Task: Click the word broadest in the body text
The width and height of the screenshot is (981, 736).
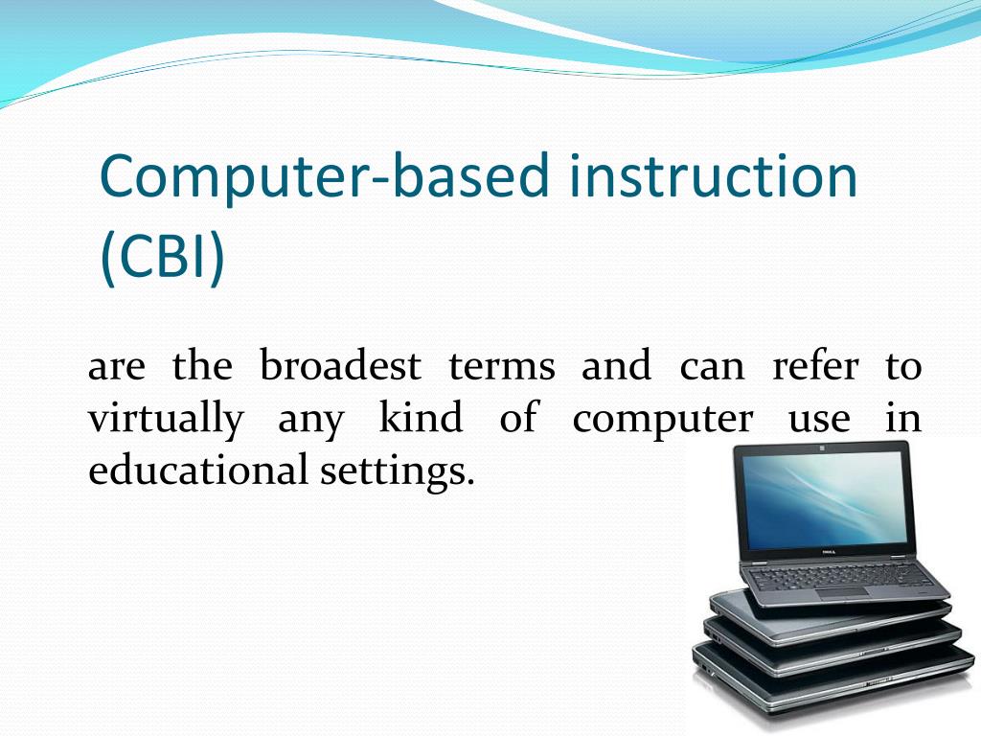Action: [x=341, y=366]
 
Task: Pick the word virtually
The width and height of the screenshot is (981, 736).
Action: [x=165, y=420]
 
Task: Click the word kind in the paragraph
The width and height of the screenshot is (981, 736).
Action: [x=421, y=419]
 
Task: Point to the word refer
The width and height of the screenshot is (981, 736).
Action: [x=815, y=366]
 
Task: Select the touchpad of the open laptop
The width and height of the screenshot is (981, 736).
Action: [x=844, y=592]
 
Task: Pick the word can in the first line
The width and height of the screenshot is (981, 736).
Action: [x=711, y=368]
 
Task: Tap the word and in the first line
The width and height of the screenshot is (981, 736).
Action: [x=615, y=366]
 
